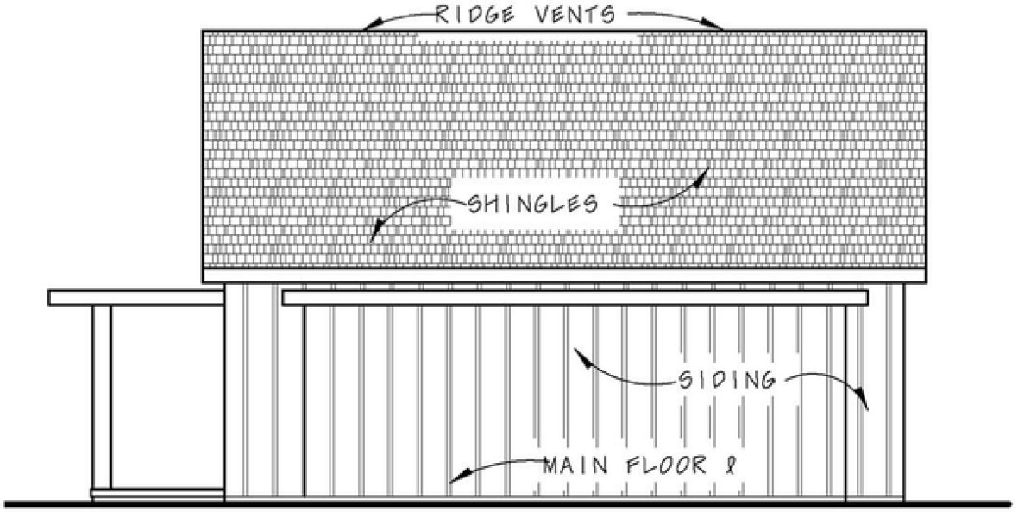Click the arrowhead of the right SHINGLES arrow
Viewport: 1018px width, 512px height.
click(x=705, y=170)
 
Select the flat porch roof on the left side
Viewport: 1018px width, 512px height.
click(x=136, y=297)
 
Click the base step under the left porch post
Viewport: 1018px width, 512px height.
click(x=157, y=494)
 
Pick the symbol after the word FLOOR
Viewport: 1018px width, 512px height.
click(x=732, y=466)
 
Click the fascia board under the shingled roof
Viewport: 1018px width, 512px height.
click(x=565, y=275)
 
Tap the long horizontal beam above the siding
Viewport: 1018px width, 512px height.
click(x=574, y=297)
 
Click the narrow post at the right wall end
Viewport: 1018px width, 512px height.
click(x=852, y=401)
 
